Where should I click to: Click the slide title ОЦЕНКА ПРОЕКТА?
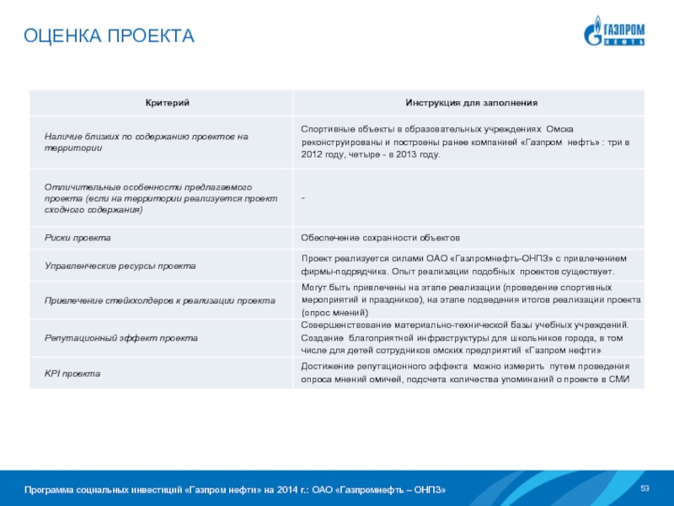click(109, 36)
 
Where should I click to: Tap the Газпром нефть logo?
click(615, 34)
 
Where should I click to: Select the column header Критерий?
click(159, 103)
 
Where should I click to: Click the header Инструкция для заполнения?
click(471, 103)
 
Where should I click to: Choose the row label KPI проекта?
click(72, 373)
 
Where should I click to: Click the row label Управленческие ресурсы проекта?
click(120, 265)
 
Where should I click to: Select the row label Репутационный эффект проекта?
click(121, 337)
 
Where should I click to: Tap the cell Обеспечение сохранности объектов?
click(381, 238)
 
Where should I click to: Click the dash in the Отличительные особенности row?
click(303, 197)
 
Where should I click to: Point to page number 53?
click(645, 490)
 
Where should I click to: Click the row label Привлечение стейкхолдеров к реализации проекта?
click(159, 300)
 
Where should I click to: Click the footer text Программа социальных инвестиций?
click(235, 490)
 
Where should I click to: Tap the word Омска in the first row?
click(559, 129)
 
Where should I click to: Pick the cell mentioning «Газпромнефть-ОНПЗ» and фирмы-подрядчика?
click(463, 265)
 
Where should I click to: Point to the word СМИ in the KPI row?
click(619, 379)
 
